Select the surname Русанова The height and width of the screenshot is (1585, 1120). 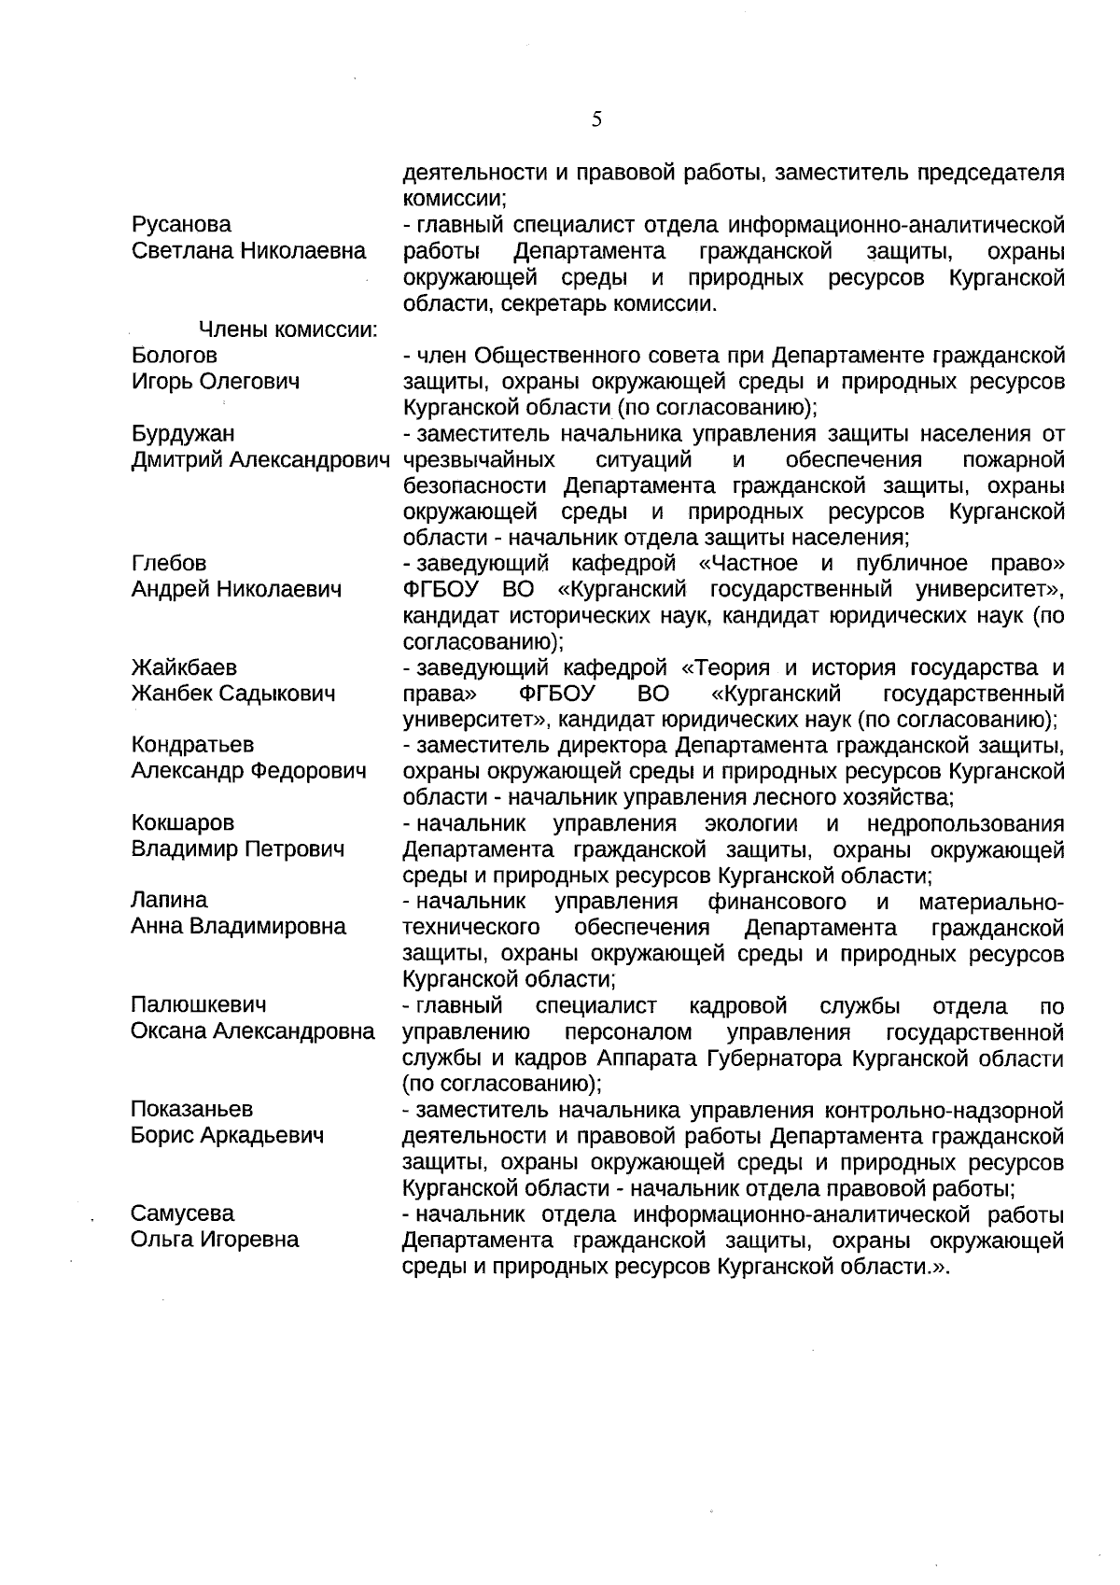(182, 225)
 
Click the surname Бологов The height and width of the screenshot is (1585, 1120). (175, 356)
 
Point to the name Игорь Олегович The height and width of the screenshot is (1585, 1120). (216, 382)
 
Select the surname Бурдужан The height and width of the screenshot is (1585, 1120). (183, 434)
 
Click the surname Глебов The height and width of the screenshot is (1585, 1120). (169, 564)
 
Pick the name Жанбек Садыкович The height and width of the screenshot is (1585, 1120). (232, 694)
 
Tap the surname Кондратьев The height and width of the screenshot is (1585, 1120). (192, 746)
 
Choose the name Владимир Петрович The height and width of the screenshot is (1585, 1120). (238, 849)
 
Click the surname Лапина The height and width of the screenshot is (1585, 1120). (169, 901)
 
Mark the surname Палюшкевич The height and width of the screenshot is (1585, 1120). (199, 1005)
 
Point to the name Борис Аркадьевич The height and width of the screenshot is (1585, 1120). (228, 1136)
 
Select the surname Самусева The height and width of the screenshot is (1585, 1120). (183, 1214)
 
